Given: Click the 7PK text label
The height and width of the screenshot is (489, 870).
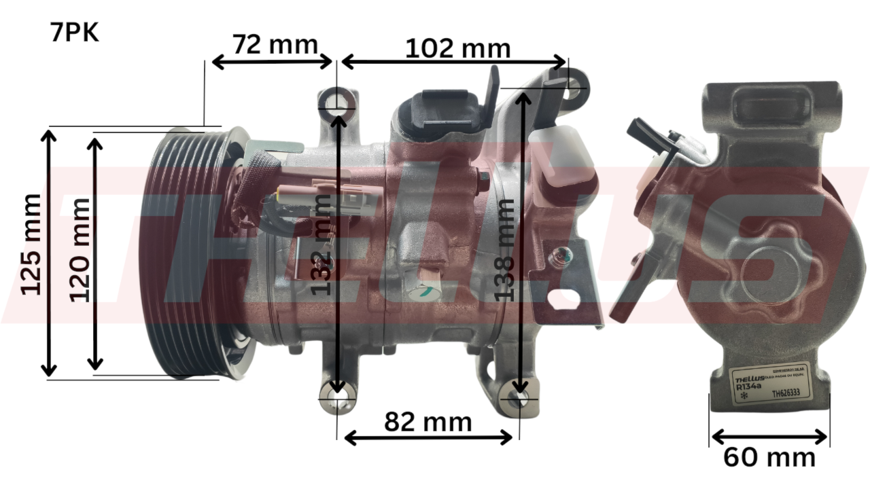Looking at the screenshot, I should coord(74,33).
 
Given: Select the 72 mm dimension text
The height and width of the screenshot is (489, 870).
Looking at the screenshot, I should coord(275,45).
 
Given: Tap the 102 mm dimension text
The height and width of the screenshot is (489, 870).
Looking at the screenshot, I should coord(457,48).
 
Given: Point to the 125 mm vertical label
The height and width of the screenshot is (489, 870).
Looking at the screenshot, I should coord(31,244).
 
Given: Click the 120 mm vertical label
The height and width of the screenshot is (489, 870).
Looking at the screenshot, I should coord(80,249).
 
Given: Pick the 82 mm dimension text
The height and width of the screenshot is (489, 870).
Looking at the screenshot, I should coord(428,422).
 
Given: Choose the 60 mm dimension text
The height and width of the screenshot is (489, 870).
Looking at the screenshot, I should coord(769,457).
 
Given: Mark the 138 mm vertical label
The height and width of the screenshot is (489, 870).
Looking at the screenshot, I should coord(504,249).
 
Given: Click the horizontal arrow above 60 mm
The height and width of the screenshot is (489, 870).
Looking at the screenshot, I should coord(769,436).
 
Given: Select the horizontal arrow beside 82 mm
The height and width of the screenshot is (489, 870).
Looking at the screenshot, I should coord(428,438).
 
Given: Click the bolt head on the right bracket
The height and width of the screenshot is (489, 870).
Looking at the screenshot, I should coord(561,257).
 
